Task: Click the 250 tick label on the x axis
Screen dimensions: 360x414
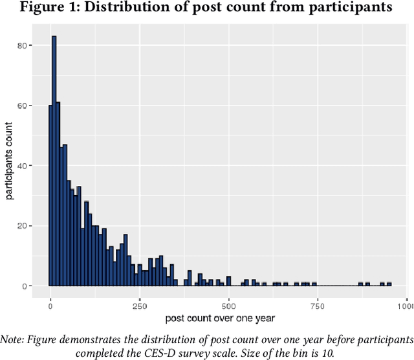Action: (x=139, y=304)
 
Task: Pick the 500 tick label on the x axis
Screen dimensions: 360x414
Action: (x=228, y=304)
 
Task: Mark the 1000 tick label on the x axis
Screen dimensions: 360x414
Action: (x=405, y=304)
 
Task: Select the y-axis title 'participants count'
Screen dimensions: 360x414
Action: (x=10, y=165)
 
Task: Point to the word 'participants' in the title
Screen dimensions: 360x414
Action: (x=353, y=8)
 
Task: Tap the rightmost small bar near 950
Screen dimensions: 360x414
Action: (x=389, y=284)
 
